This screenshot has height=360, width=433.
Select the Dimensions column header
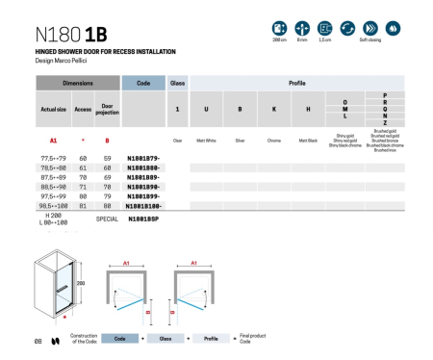point(78,84)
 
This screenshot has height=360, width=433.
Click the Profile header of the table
point(296,84)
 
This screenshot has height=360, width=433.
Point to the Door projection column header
point(108,110)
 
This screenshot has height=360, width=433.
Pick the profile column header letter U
point(206,110)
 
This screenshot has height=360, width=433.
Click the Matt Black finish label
point(308,141)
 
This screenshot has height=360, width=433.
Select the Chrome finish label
point(274,141)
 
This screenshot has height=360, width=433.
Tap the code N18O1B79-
point(142,157)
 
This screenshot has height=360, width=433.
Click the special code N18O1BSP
point(143,219)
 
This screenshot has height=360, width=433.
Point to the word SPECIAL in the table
point(108,219)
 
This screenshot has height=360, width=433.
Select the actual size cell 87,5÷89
point(53,178)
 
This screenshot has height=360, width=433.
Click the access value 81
point(83,205)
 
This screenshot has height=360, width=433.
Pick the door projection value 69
point(107,178)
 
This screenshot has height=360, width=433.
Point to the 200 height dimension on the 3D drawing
point(82,284)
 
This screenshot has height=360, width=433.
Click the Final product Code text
point(253,339)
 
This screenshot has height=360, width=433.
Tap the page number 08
point(38,340)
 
